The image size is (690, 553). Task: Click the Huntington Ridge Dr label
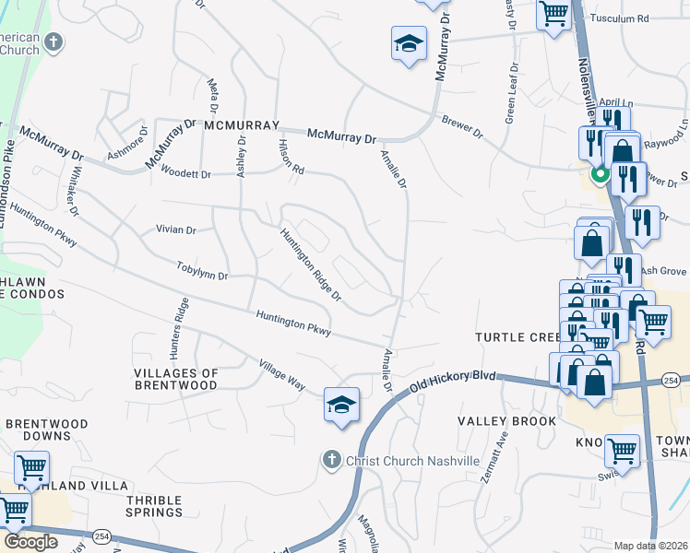pyautogui.click(x=312, y=265)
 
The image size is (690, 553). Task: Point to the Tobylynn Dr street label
pyautogui.click(x=202, y=271)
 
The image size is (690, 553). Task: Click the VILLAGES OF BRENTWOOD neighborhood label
pyautogui.click(x=176, y=379)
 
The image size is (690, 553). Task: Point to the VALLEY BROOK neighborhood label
pyautogui.click(x=507, y=421)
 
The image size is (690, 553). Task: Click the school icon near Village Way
pyautogui.click(x=341, y=405)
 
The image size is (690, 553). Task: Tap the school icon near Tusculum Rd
pyautogui.click(x=409, y=43)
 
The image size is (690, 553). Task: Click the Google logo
pyautogui.click(x=30, y=542)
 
